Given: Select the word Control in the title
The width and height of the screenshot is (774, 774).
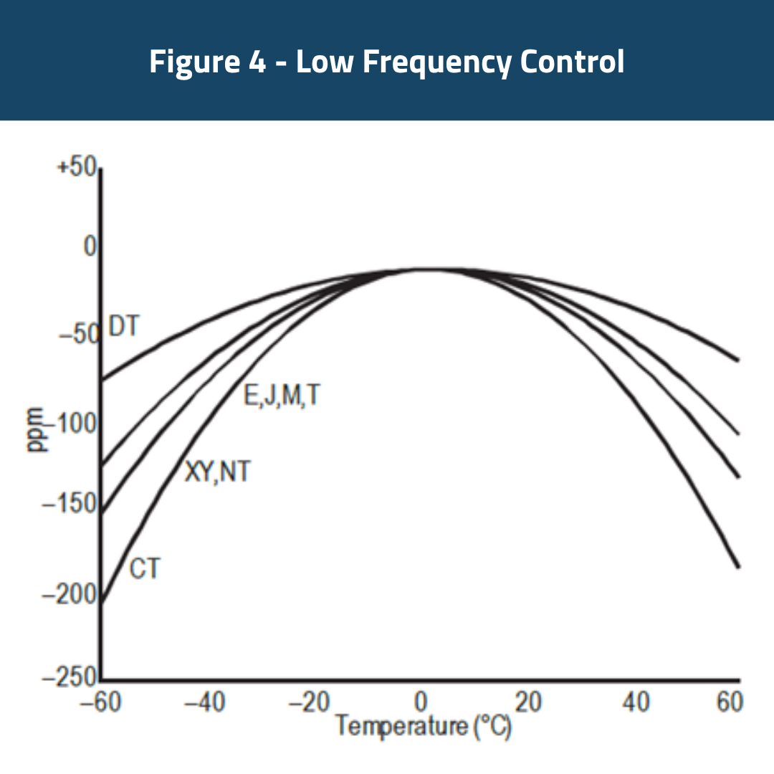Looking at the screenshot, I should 572,62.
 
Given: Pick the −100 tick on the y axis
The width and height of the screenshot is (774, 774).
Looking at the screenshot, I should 71,424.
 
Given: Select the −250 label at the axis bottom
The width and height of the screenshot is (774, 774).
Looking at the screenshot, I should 70,677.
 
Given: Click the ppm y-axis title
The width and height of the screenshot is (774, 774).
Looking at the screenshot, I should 35,430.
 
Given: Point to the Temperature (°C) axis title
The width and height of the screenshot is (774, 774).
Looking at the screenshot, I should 424,727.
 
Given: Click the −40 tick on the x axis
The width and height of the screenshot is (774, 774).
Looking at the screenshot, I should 207,703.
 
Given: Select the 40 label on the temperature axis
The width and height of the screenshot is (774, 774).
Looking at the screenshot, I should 636,703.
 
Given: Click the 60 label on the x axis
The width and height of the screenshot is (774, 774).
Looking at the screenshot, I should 728,703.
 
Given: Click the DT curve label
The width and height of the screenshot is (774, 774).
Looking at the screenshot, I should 123,326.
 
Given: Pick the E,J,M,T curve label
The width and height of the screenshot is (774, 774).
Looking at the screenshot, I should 280,396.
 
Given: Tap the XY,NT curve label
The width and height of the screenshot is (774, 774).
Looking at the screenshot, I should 218,472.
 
